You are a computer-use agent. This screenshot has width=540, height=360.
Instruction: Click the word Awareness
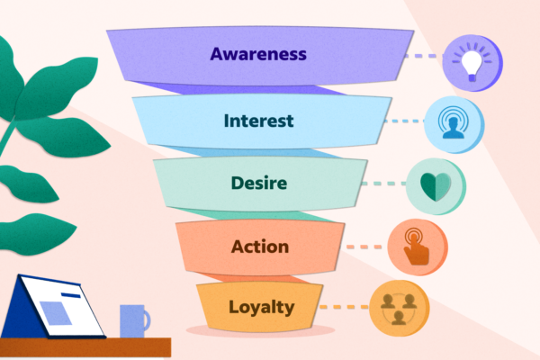pyautogui.click(x=258, y=53)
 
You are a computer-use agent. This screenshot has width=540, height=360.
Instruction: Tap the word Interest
pyautogui.click(x=258, y=120)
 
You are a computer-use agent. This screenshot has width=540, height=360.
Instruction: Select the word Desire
pyautogui.click(x=257, y=184)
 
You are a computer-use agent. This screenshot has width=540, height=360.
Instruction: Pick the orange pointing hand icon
pyautogui.click(x=416, y=246)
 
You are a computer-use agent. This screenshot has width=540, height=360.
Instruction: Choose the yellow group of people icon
pyautogui.click(x=399, y=308)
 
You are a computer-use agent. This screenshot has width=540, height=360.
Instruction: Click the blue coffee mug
pyautogui.click(x=132, y=320)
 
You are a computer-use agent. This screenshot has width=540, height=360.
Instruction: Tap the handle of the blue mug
pyautogui.click(x=146, y=319)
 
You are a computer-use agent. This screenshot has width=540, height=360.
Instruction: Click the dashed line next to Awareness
pyautogui.click(x=424, y=56)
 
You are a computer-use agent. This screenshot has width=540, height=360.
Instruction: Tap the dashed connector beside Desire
pyautogui.click(x=382, y=184)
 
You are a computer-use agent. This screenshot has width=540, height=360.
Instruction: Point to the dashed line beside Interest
pyautogui.click(x=402, y=120)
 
